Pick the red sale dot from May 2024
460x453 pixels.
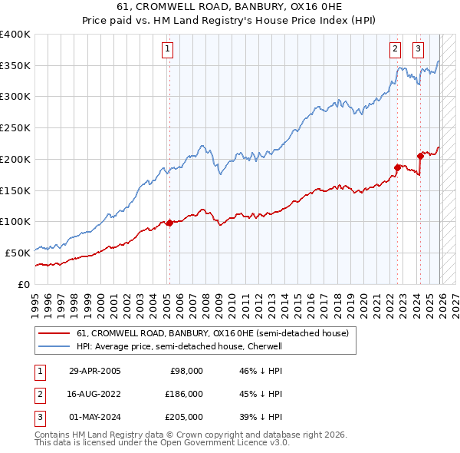coord(420,156)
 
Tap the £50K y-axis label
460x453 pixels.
coord(18,253)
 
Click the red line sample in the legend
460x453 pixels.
coord(54,334)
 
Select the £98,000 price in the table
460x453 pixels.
coord(186,371)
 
